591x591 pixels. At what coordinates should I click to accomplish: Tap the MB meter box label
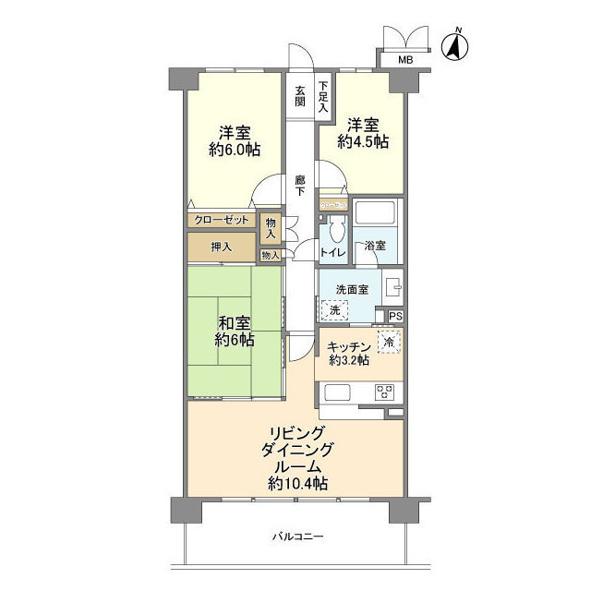[x=405, y=61]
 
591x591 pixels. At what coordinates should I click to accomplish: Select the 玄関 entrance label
[x=300, y=97]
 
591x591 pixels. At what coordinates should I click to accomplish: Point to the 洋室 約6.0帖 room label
[x=234, y=140]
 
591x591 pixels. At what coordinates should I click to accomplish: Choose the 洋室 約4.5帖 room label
[x=362, y=133]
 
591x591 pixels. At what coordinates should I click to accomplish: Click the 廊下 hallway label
[x=300, y=185]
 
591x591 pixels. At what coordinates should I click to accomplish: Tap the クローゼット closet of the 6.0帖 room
[x=222, y=221]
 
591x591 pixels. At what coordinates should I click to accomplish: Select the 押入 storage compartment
[x=221, y=247]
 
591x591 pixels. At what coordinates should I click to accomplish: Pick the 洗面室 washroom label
[x=352, y=289]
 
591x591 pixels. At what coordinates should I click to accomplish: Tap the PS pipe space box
[x=395, y=317]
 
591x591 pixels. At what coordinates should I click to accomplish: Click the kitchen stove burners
[x=385, y=392]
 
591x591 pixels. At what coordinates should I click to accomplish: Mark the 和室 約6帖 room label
[x=234, y=331]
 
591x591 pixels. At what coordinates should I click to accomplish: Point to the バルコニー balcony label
[x=297, y=537]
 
